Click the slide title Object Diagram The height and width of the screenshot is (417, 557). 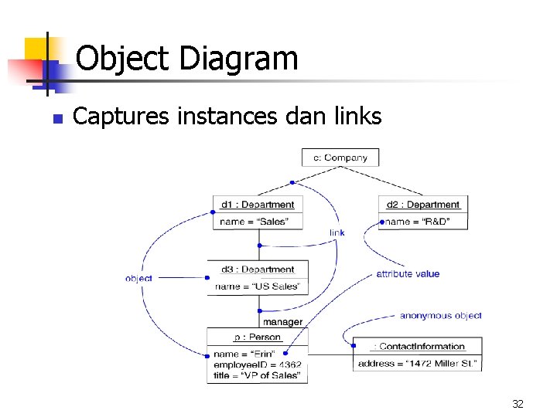tap(186, 59)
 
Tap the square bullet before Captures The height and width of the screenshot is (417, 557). tap(56, 119)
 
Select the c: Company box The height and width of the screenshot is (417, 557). tap(340, 158)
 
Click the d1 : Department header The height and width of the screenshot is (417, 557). tap(258, 205)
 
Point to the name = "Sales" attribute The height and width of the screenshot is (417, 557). tap(254, 222)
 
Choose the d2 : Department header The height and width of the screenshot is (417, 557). tap(423, 205)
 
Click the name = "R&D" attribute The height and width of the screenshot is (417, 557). tap(417, 222)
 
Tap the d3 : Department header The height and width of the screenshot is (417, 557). tap(258, 270)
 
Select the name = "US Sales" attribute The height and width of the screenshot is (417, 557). tap(258, 286)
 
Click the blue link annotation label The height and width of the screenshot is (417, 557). tap(337, 232)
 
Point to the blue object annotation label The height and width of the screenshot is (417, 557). tap(138, 278)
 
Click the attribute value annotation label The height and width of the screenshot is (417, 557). tap(408, 273)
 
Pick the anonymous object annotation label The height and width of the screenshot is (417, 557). tap(440, 315)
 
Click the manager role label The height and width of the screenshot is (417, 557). tap(282, 321)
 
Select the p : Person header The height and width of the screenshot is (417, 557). tap(258, 337)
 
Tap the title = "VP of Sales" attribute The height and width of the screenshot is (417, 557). tap(257, 375)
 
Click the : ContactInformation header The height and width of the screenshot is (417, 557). tap(418, 347)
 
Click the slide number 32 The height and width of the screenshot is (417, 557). tap(518, 404)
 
